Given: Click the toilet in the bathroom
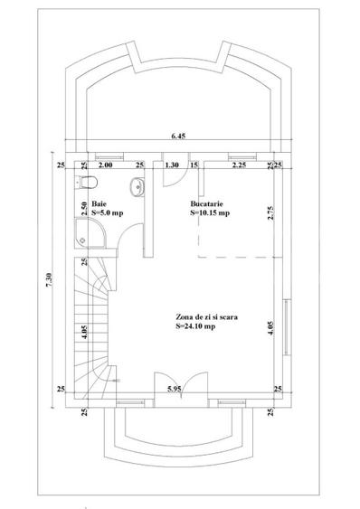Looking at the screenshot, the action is click(87, 182).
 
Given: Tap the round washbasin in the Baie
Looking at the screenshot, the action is click(137, 187).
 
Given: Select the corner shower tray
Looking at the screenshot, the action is click(90, 232).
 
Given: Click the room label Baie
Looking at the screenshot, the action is click(99, 204).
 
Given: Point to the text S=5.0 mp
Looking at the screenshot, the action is click(108, 213).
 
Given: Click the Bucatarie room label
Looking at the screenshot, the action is click(206, 204).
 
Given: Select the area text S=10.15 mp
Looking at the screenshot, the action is click(210, 213).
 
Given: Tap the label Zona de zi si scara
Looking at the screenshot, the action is click(206, 316).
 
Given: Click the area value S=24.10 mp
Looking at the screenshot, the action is click(195, 326).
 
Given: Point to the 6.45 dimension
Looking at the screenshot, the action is click(178, 136).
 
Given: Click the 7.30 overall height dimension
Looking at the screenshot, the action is click(49, 280).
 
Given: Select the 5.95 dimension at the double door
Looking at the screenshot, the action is click(175, 389).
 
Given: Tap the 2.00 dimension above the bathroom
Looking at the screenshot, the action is click(105, 165).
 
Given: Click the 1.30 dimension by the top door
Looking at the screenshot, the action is click(172, 165).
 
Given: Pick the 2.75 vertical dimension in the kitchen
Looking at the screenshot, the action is click(270, 213).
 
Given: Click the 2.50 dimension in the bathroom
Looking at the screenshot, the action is click(84, 209).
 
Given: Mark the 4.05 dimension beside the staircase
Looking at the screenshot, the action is click(84, 332).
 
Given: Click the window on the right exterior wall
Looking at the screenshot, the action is click(287, 327).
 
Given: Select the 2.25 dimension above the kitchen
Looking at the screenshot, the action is click(239, 165).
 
